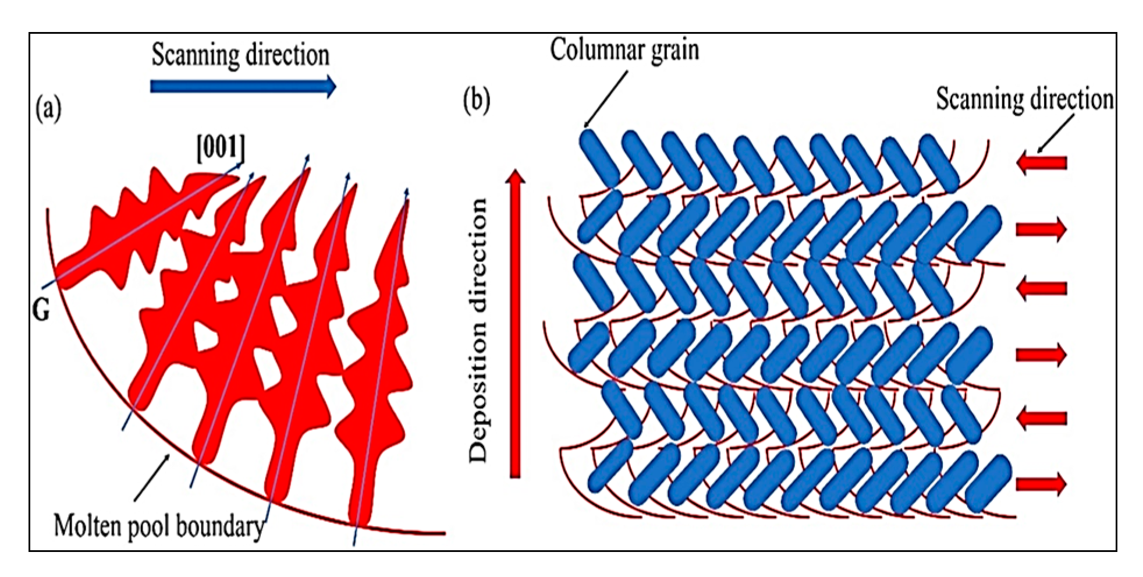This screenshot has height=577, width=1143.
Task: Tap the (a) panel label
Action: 48,109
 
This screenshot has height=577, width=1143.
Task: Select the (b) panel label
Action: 477,100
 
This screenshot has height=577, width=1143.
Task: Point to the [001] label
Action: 221,148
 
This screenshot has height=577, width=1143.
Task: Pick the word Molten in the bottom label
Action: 87,526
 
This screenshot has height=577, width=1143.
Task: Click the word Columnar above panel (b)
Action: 600,50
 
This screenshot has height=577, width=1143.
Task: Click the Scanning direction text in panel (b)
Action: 1024,99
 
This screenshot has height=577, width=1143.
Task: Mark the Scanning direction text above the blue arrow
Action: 240,55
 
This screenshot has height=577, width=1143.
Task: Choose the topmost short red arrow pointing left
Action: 1041,162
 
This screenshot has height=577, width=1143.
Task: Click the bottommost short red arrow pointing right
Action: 1041,484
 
